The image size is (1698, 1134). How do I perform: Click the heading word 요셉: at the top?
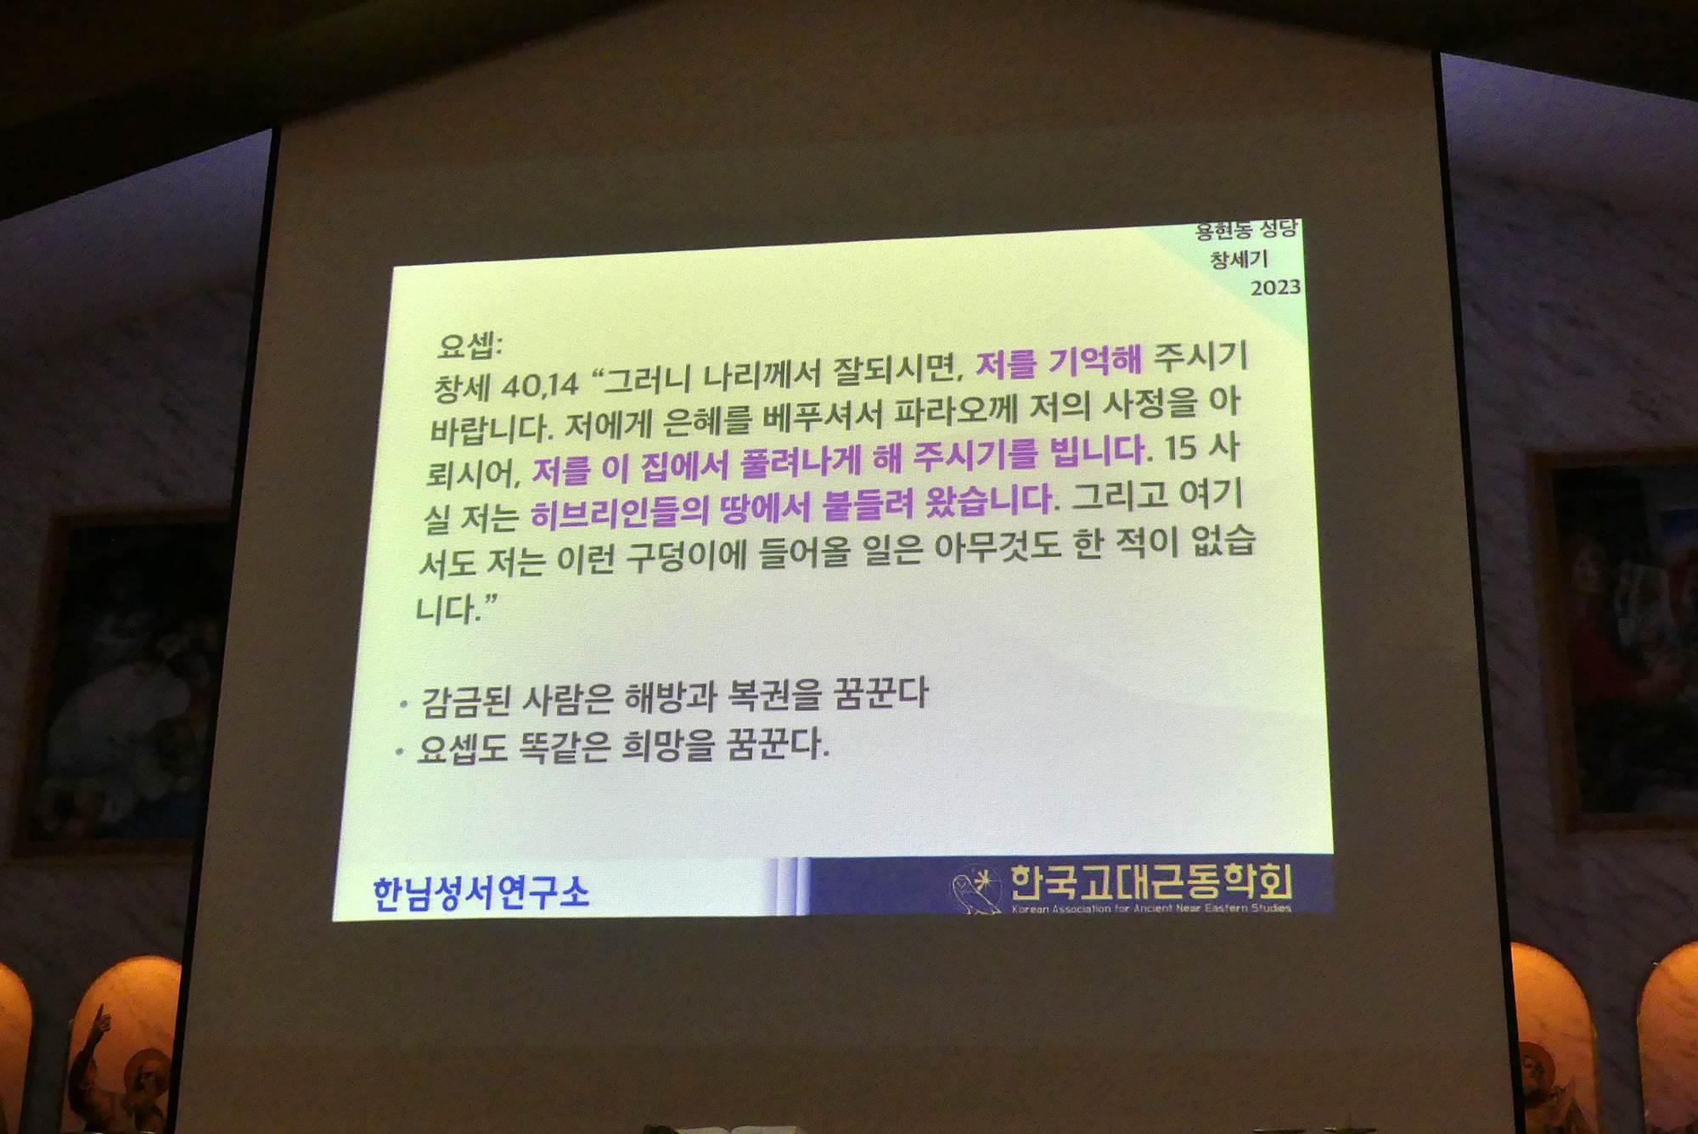coord(469,345)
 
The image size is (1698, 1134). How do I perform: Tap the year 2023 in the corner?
coord(1275,288)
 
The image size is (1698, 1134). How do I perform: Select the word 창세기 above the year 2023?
coord(1239,259)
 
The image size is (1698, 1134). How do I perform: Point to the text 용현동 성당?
coord(1246,229)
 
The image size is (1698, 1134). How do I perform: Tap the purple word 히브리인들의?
coord(619,512)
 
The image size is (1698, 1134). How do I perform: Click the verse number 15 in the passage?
coord(1180,448)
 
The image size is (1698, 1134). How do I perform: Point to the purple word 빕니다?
coord(1099,451)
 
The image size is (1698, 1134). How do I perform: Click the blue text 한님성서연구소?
coord(481,893)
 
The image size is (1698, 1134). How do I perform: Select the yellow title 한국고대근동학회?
coord(1150,882)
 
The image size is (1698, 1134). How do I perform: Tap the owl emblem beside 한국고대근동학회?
coord(973,890)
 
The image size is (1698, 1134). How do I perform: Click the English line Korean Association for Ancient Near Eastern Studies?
coord(1151,908)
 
